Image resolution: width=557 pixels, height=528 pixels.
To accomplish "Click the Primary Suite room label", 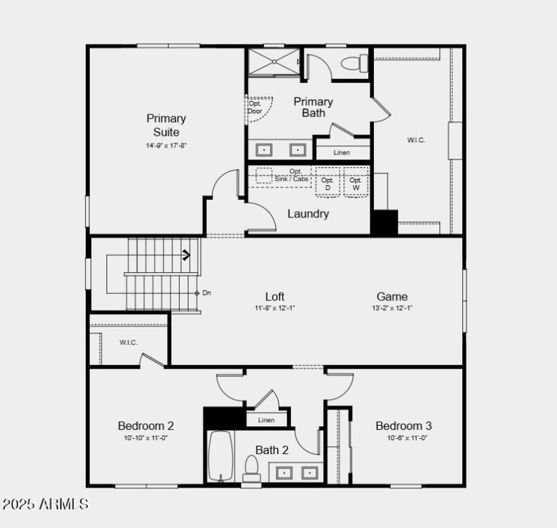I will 166,125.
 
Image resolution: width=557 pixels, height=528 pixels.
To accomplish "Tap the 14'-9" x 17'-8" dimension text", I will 166,146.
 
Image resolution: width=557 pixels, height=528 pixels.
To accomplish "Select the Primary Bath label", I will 313,107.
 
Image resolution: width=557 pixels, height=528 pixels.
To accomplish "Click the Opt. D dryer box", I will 327,183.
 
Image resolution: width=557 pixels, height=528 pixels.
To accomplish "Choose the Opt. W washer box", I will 355,183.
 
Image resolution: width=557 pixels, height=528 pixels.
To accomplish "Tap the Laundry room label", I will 308,214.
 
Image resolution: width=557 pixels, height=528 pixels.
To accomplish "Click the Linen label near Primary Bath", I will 341,152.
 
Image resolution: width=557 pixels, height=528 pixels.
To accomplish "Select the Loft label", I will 275,296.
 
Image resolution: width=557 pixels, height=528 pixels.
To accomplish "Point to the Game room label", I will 392,296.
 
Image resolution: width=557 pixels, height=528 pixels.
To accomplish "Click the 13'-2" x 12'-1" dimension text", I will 392,307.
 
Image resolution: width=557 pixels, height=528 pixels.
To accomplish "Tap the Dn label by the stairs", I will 207,293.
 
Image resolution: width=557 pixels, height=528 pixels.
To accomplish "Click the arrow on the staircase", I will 187,256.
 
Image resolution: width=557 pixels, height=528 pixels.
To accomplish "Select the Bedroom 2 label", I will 146,426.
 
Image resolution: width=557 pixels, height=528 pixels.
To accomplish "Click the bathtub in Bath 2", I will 221,456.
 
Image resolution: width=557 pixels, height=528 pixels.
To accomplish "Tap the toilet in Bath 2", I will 251,468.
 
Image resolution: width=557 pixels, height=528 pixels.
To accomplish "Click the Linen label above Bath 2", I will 266,420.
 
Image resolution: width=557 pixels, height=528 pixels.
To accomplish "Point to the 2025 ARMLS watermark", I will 46,504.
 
